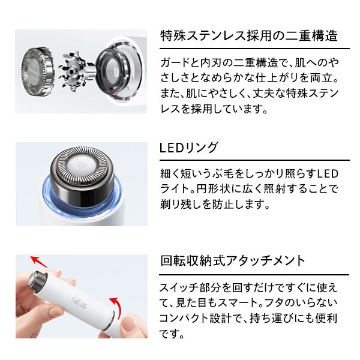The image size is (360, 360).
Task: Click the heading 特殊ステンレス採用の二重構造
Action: (249, 36)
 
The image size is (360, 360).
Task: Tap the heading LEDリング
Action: (188, 148)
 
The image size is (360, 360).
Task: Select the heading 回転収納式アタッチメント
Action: (232, 261)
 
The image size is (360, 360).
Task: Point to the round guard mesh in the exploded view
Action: (37, 71)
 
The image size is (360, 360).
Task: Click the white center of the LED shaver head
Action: (81, 166)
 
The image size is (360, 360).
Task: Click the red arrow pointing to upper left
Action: (38, 262)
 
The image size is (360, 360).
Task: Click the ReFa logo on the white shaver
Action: (79, 302)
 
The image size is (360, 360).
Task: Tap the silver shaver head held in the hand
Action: (37, 282)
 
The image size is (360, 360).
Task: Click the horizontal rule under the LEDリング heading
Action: (254, 160)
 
